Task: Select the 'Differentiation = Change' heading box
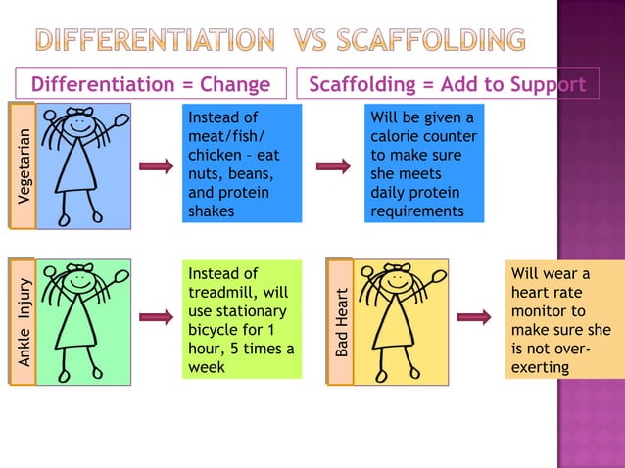pos(151,84)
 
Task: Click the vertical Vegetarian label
pos(23,165)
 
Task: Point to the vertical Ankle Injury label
pos(23,322)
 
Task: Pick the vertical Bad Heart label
pos(340,322)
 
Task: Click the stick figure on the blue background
pos(83,165)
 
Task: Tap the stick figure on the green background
pos(83,322)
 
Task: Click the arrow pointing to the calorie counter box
pos(333,166)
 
